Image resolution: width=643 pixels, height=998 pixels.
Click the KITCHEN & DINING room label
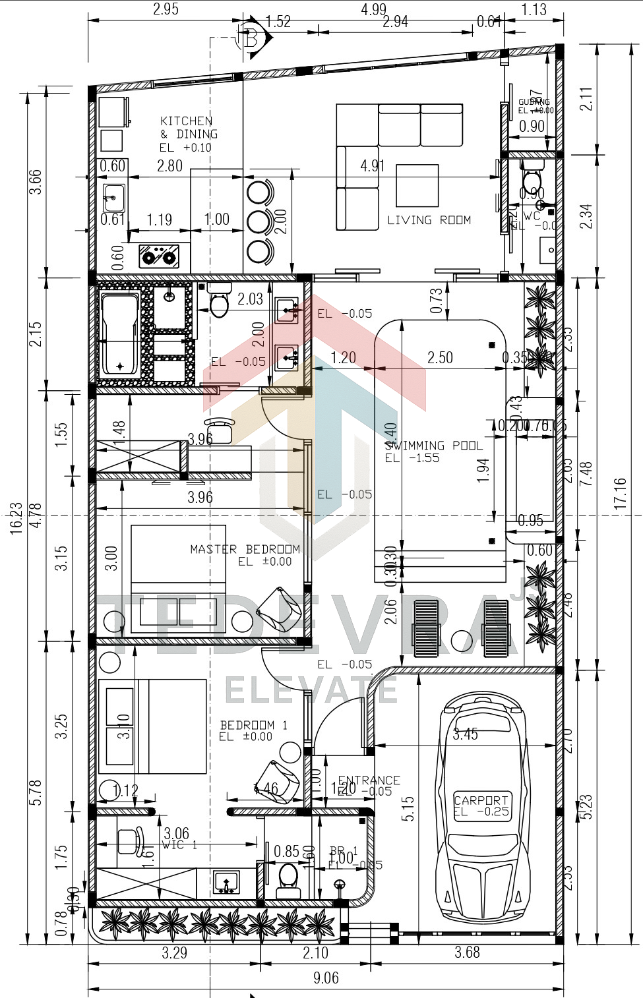[189, 134]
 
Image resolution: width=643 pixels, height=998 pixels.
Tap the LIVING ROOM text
[429, 220]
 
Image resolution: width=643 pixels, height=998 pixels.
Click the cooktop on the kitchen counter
[159, 256]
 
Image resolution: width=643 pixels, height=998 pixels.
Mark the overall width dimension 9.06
[326, 978]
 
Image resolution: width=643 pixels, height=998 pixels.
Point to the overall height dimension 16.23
[16, 517]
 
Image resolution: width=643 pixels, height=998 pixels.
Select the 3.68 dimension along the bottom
[467, 953]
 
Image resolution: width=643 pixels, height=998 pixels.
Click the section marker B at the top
[251, 38]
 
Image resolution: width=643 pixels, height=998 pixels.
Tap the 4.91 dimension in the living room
[373, 165]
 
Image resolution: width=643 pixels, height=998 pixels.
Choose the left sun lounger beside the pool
[427, 630]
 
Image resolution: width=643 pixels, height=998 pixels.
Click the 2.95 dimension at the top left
[166, 9]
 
